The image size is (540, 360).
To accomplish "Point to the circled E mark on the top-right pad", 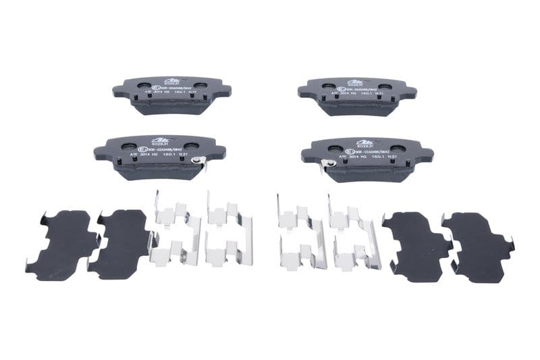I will [x=343, y=88].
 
